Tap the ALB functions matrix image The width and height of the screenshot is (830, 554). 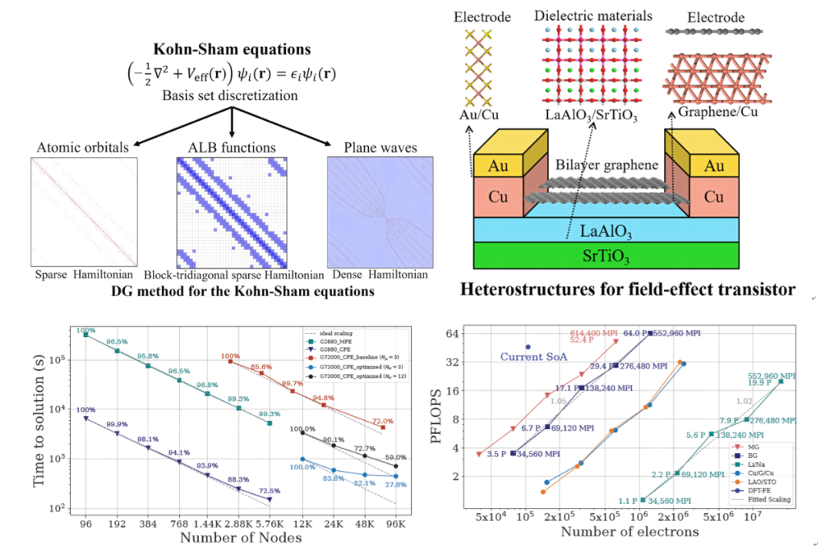pos(225,212)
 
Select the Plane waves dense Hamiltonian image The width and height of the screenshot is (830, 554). pos(372,212)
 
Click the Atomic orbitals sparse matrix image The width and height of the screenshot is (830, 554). pos(78,212)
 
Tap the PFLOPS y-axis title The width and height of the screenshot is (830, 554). pos(440,415)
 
